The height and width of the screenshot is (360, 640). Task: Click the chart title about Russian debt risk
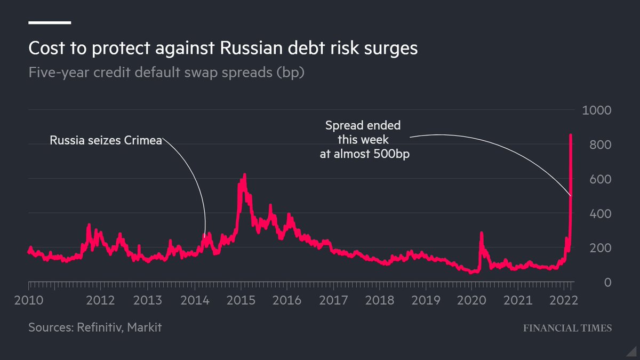point(223,49)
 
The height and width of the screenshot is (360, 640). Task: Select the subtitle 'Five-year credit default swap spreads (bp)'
point(166,72)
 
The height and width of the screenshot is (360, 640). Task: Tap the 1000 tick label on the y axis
point(597,110)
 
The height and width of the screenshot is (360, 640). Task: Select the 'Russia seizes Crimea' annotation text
point(106,141)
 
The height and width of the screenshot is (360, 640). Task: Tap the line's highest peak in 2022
point(571,135)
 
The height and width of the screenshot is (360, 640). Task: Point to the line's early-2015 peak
point(244,175)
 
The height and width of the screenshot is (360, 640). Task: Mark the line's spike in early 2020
point(481,233)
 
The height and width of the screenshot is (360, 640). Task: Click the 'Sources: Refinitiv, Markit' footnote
point(95,327)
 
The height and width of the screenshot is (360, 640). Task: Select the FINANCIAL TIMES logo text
point(567,328)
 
